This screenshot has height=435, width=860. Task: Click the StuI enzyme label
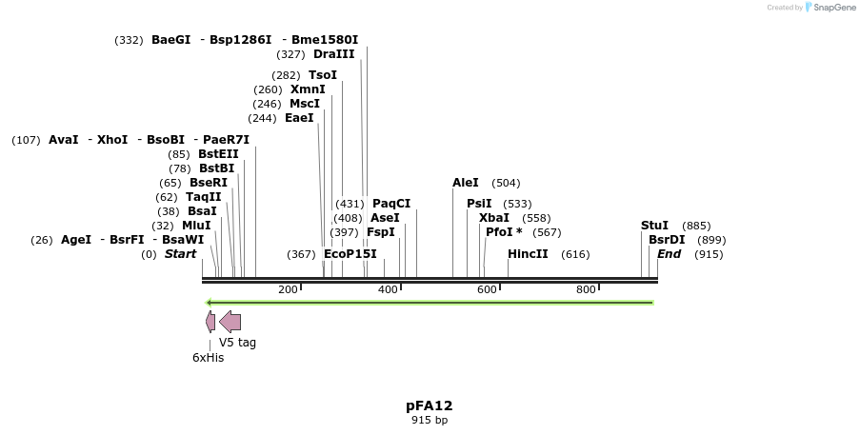tap(654, 226)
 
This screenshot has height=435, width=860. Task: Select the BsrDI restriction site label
tap(667, 240)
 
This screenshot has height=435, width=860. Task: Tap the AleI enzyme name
tap(466, 183)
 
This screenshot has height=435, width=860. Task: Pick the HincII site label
tap(528, 254)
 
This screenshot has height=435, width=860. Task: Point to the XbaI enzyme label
tap(494, 218)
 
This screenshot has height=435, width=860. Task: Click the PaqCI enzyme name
tap(391, 204)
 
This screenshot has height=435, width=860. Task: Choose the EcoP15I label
tap(350, 254)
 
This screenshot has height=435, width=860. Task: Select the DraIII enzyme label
tap(333, 54)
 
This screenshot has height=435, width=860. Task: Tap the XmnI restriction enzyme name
tap(308, 89)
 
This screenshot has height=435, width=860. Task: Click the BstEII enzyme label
tap(218, 154)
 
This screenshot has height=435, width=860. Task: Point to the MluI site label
tap(196, 226)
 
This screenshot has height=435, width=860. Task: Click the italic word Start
tap(180, 254)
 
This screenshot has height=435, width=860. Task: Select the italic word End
tap(670, 254)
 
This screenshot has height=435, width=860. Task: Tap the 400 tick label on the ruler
tap(388, 289)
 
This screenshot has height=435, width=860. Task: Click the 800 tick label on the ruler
tap(586, 289)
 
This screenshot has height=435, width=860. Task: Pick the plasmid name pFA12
tap(430, 405)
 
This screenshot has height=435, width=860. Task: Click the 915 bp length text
tap(430, 420)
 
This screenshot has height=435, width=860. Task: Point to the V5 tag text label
tap(237, 343)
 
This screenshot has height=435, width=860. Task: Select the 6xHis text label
tap(208, 358)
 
